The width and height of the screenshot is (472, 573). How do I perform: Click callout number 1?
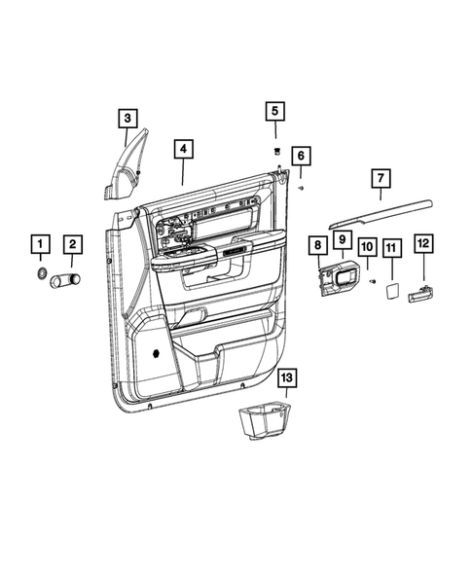[40, 243]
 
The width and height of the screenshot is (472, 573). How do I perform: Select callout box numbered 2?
[73, 243]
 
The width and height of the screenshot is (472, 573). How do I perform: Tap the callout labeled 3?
[127, 119]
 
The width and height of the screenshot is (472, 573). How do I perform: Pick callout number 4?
[182, 150]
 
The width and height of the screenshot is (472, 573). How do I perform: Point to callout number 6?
[301, 156]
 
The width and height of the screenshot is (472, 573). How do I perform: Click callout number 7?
[380, 178]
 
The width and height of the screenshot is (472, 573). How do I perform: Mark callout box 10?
[367, 247]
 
